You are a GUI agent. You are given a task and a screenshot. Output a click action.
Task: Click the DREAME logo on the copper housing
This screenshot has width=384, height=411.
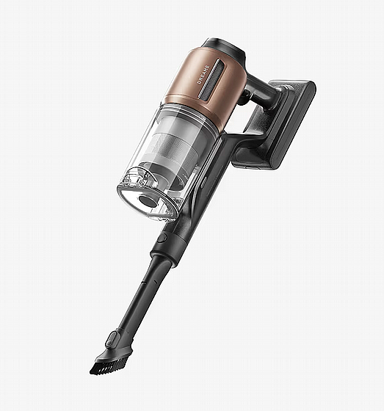pos(203,75)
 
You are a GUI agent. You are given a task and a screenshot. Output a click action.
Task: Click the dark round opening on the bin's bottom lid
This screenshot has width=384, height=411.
pos(147,201)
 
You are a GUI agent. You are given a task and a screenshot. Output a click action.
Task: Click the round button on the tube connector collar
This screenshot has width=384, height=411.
pos(162,239)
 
